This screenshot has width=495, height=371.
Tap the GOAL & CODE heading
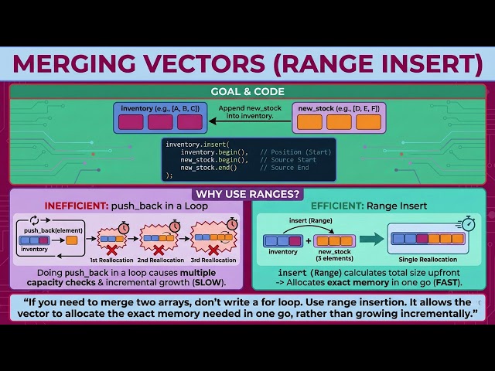pos(247,90)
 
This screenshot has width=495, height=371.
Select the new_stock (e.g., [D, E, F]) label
pos(340,107)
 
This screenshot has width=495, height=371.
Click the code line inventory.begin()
pos(214,152)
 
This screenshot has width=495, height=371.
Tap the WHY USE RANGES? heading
pos(247,194)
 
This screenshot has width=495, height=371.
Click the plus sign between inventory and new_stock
pos(309,241)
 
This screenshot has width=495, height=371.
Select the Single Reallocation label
pos(427,255)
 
